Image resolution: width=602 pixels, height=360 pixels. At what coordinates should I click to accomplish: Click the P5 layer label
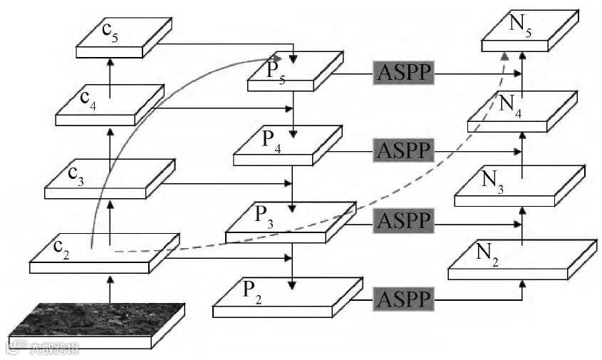[276, 71]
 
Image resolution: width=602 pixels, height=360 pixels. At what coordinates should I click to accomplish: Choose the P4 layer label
[270, 138]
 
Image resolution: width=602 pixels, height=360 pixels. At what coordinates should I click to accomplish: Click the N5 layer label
[520, 26]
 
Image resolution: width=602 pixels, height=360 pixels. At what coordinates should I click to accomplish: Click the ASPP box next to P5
[403, 72]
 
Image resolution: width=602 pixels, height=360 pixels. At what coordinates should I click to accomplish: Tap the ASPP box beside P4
[403, 150]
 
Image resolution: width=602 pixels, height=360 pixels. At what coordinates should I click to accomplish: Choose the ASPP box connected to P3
[403, 221]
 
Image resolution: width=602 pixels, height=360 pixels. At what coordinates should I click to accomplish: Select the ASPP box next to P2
[403, 298]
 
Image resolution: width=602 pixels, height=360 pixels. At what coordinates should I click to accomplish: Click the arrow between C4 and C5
[110, 72]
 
